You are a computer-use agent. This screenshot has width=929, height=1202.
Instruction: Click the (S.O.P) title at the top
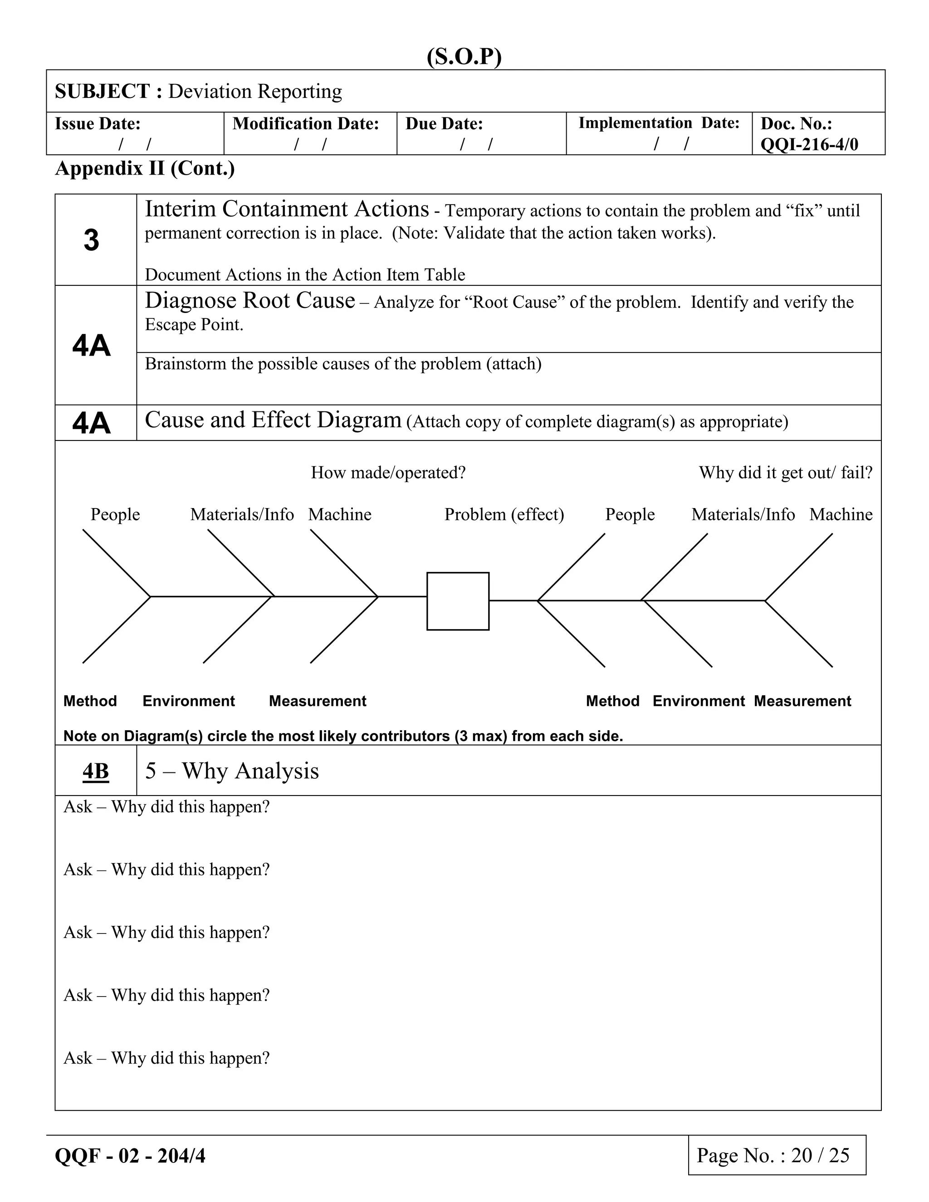[464, 57]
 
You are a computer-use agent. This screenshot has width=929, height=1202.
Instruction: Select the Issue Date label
[98, 124]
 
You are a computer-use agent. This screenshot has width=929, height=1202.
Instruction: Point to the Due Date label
[444, 124]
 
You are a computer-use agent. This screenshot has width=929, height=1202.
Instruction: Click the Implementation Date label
[658, 123]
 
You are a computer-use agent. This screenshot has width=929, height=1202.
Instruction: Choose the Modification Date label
[305, 124]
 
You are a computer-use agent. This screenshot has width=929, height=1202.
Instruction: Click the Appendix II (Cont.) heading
[145, 168]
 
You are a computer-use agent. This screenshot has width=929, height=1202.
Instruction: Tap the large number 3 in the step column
[91, 240]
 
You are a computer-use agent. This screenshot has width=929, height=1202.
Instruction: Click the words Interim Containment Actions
[286, 210]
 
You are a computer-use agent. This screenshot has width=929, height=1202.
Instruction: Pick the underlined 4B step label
[95, 771]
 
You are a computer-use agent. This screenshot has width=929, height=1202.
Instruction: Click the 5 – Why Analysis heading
[232, 771]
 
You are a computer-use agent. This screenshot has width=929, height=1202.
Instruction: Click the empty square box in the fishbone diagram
[457, 601]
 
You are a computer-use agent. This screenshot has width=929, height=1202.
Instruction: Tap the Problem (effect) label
[504, 515]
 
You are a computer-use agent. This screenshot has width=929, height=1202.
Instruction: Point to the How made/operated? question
[388, 473]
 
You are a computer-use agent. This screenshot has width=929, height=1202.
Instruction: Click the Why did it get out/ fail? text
[785, 473]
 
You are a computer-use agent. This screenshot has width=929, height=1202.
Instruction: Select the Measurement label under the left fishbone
[317, 701]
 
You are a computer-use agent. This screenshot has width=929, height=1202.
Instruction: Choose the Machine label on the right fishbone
[841, 515]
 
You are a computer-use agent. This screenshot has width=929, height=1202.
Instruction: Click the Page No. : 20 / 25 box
[776, 1155]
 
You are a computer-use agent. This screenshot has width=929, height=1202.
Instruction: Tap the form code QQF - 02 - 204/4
[130, 1156]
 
